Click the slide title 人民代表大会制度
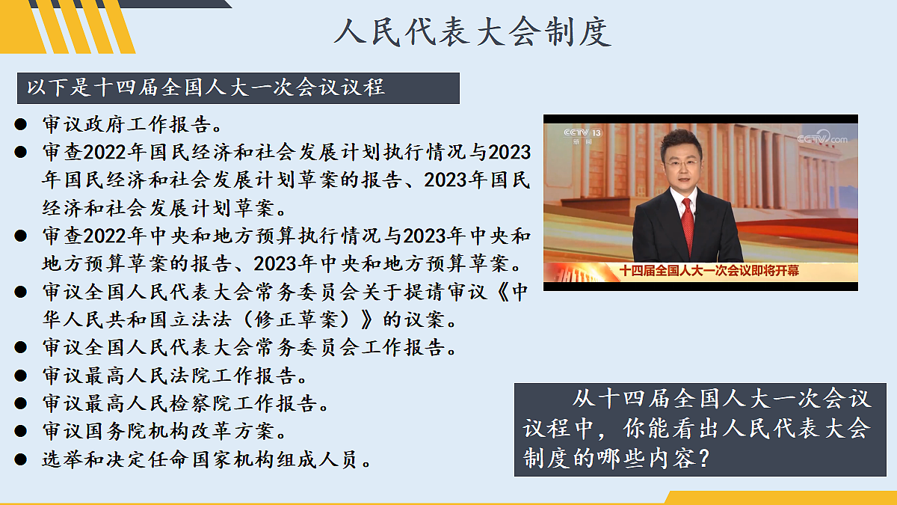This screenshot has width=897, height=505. pyautogui.click(x=472, y=32)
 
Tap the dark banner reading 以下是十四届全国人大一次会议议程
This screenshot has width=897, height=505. pyautogui.click(x=238, y=88)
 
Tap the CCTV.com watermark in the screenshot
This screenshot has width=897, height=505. pyautogui.click(x=822, y=138)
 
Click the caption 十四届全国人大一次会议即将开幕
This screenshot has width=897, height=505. pyautogui.click(x=709, y=270)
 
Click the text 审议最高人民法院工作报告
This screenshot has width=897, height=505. pyautogui.click(x=175, y=376)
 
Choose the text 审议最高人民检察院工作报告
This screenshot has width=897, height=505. pyautogui.click(x=185, y=404)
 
